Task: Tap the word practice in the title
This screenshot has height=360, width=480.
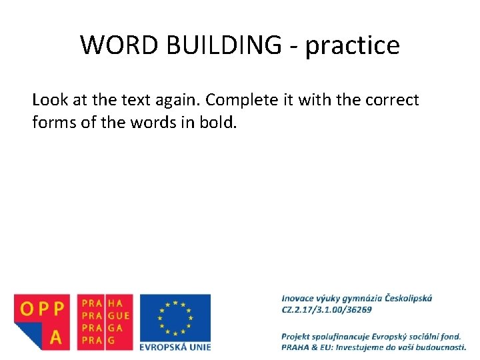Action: pos(353,46)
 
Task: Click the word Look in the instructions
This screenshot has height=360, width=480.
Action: pos(49,100)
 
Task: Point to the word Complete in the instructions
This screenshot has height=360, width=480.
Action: pos(236,101)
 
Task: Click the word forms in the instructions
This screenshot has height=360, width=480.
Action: pos(52,123)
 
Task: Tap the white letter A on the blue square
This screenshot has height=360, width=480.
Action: pos(56,337)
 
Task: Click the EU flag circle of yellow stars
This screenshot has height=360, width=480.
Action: pos(175,317)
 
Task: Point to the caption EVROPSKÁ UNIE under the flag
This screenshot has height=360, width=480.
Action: pos(175,347)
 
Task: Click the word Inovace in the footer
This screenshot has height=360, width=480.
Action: pos(298,298)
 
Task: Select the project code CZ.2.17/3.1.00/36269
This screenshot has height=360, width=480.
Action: pos(327,309)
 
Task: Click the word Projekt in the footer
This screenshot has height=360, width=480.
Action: pos(298,336)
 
